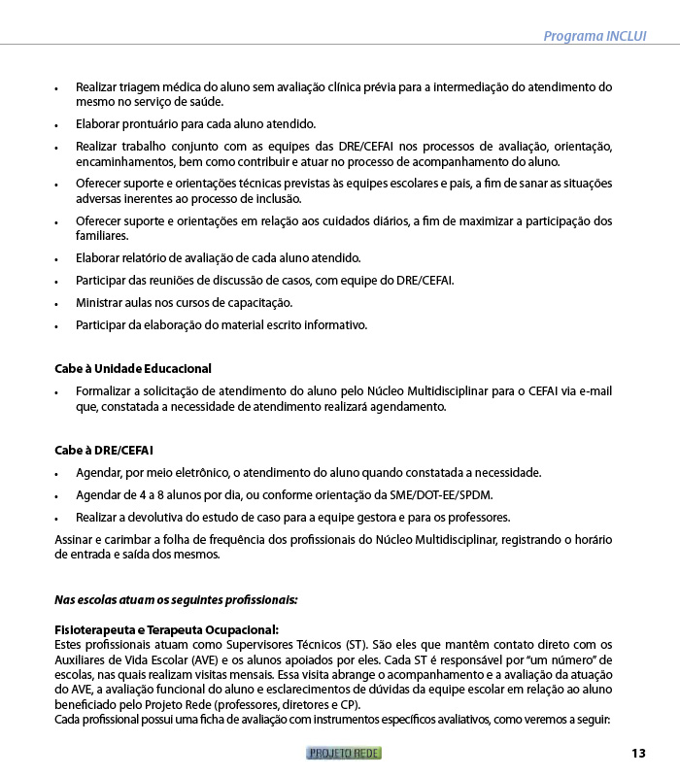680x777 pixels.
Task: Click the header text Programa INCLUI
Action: point(595,36)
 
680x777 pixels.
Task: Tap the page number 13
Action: point(638,753)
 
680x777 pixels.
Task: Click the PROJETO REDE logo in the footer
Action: point(344,753)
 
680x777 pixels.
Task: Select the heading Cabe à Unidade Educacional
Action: point(132,369)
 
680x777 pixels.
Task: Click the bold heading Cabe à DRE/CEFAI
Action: point(104,451)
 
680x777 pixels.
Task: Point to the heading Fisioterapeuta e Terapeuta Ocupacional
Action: point(166,629)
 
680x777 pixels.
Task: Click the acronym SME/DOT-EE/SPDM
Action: point(437,495)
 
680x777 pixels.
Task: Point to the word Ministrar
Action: point(102,303)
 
